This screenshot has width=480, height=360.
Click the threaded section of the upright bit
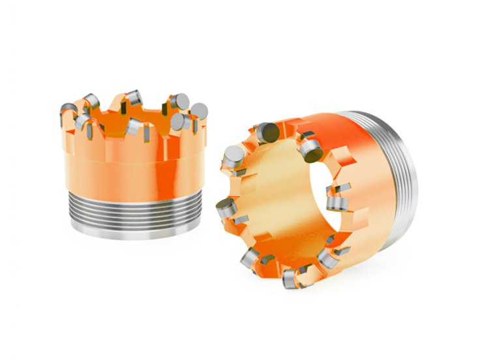point(134,207)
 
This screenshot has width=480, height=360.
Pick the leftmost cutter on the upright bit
point(68,109)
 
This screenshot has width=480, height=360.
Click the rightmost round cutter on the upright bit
point(198,111)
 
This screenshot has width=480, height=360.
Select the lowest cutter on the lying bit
point(290,279)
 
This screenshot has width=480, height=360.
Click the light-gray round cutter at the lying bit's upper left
point(233,156)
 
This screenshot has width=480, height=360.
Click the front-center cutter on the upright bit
point(133,127)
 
